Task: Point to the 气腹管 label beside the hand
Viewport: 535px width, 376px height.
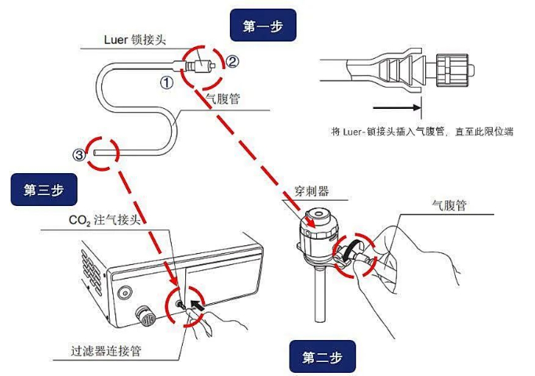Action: pyautogui.click(x=449, y=204)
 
